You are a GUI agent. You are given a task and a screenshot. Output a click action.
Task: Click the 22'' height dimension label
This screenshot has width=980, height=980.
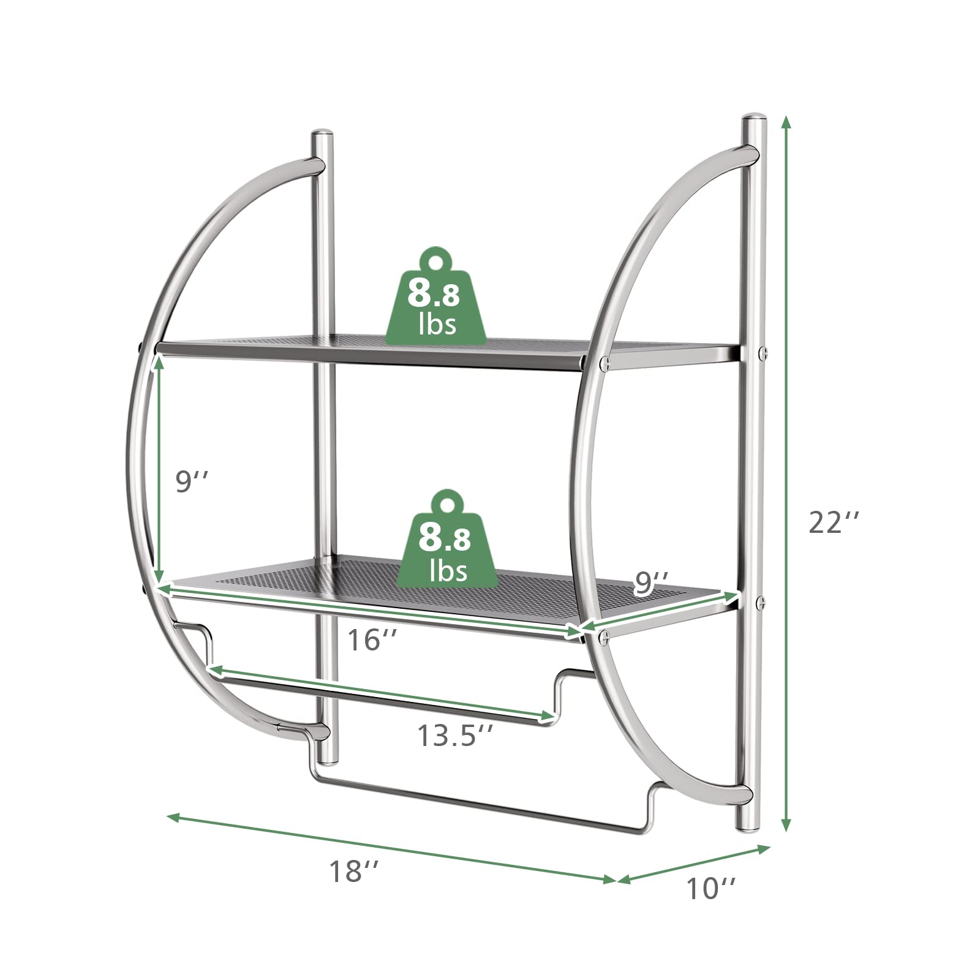pos(834,522)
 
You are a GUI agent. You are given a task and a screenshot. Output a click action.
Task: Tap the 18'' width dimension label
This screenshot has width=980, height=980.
pos(354,871)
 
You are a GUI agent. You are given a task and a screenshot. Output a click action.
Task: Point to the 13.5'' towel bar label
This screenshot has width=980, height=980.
pos(455,734)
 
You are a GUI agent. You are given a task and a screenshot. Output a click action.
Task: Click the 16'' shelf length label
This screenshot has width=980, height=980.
pos(372,641)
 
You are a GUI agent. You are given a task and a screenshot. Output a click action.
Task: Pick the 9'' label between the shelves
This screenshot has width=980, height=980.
pos(192,482)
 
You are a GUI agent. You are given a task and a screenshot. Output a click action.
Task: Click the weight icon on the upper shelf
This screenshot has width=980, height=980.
pos(435,298)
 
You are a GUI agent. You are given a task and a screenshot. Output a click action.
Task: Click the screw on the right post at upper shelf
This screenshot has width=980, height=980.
pos(763,352)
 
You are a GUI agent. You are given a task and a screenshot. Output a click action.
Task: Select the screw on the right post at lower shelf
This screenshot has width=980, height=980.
pos(761,601)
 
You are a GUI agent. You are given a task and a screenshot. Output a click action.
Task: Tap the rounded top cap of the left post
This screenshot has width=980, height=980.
pos(322,134)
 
